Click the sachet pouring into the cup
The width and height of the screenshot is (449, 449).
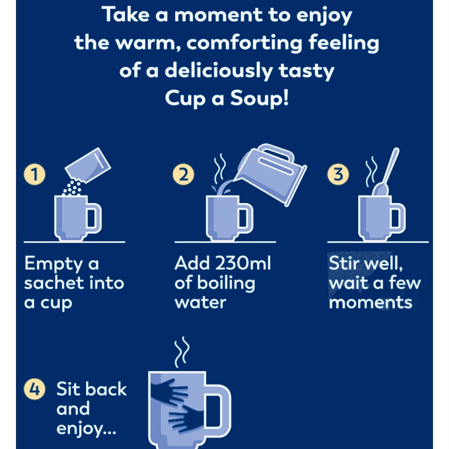pos(88,166)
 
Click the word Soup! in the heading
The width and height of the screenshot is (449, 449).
pos(259,99)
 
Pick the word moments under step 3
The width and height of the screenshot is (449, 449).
pos(370,303)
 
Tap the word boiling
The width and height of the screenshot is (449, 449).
pos(226,283)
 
